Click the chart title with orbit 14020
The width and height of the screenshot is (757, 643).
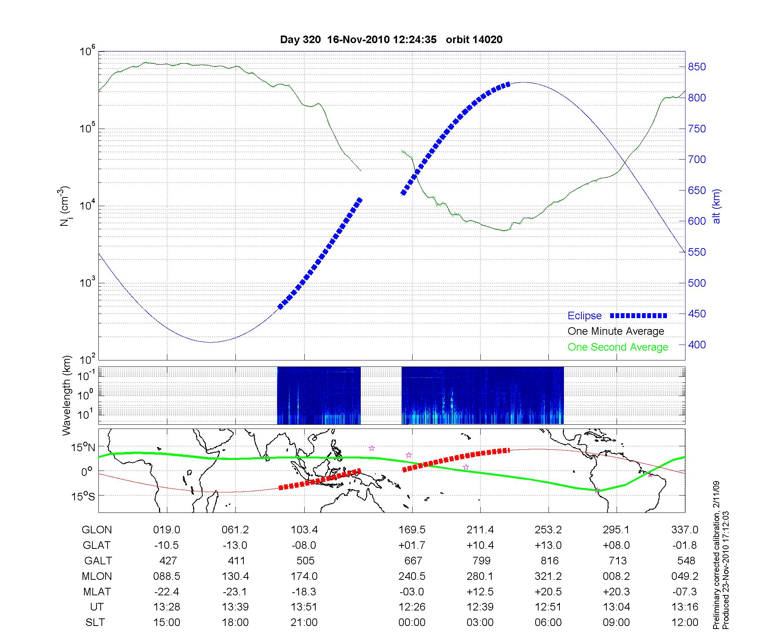coord(391,40)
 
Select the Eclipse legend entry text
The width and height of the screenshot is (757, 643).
coord(584,316)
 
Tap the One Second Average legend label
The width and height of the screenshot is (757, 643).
coord(618,347)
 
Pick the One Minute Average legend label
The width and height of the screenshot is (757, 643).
coord(616,331)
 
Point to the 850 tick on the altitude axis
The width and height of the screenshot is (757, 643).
coord(697,67)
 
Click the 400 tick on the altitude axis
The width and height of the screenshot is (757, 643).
coord(697,345)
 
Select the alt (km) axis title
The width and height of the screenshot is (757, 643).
coord(717,207)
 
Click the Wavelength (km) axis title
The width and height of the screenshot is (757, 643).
coord(67,395)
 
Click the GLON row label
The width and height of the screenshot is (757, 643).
coord(97,530)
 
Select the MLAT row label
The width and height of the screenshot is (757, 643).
coord(97,592)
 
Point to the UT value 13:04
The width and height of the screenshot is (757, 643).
coord(617,607)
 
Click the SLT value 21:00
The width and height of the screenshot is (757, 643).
coord(304,623)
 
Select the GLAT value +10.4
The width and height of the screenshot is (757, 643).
coord(480,545)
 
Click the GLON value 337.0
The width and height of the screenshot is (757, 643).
coord(685,530)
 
